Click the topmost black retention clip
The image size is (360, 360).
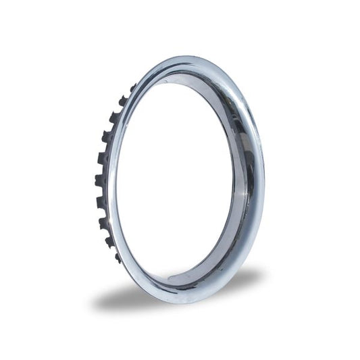pyautogui.click(x=132, y=86)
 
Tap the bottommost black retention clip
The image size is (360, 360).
pyautogui.click(x=118, y=257)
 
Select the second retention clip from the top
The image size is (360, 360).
pyautogui.click(x=123, y=101)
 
